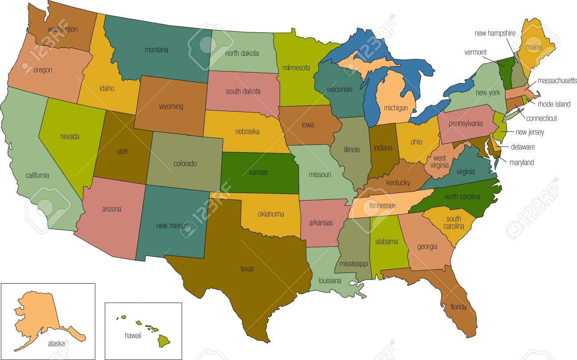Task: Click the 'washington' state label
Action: [63, 29]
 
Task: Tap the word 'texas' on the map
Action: [247, 269]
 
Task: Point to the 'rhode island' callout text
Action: [553, 104]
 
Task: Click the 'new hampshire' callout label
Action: [495, 33]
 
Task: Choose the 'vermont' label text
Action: [475, 52]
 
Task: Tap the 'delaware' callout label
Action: [523, 147]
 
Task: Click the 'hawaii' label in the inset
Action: [133, 336]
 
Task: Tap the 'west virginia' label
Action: [439, 162]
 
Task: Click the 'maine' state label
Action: [533, 46]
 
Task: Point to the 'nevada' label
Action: [70, 136]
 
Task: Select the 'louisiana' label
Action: [329, 281]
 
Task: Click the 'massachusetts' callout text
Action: [557, 81]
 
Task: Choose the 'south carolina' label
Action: [454, 222]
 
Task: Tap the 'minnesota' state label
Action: [296, 68]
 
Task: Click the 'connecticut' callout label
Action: [541, 119]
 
